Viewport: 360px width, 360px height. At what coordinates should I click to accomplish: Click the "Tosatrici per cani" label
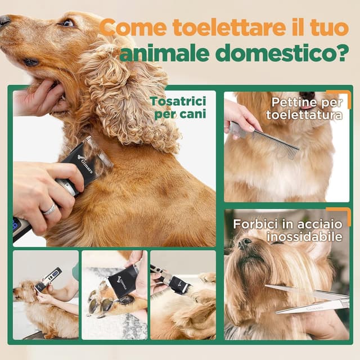(178, 107)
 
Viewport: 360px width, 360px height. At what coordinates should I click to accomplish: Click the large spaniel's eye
(68, 23)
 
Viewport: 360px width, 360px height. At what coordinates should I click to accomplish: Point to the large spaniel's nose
(4, 21)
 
